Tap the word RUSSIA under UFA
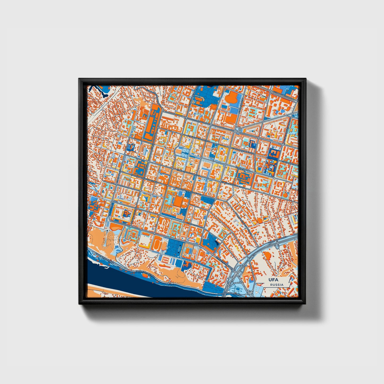277,285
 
